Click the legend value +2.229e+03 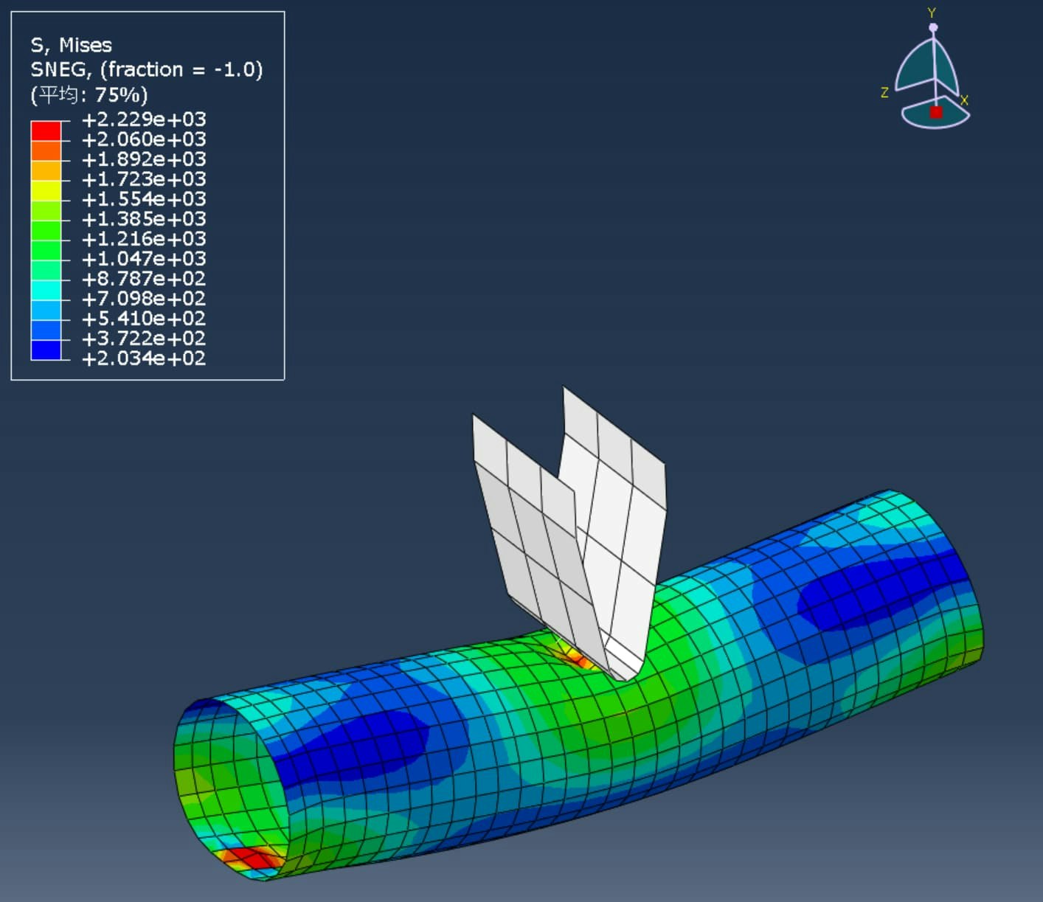(144, 119)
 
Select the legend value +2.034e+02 (144, 358)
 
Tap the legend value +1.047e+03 (144, 259)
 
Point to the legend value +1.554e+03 (144, 199)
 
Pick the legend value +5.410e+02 (144, 319)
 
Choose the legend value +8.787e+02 (144, 279)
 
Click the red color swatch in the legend (46, 131)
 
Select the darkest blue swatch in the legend (46, 350)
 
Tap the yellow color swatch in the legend (46, 191)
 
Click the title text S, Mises (71, 46)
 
